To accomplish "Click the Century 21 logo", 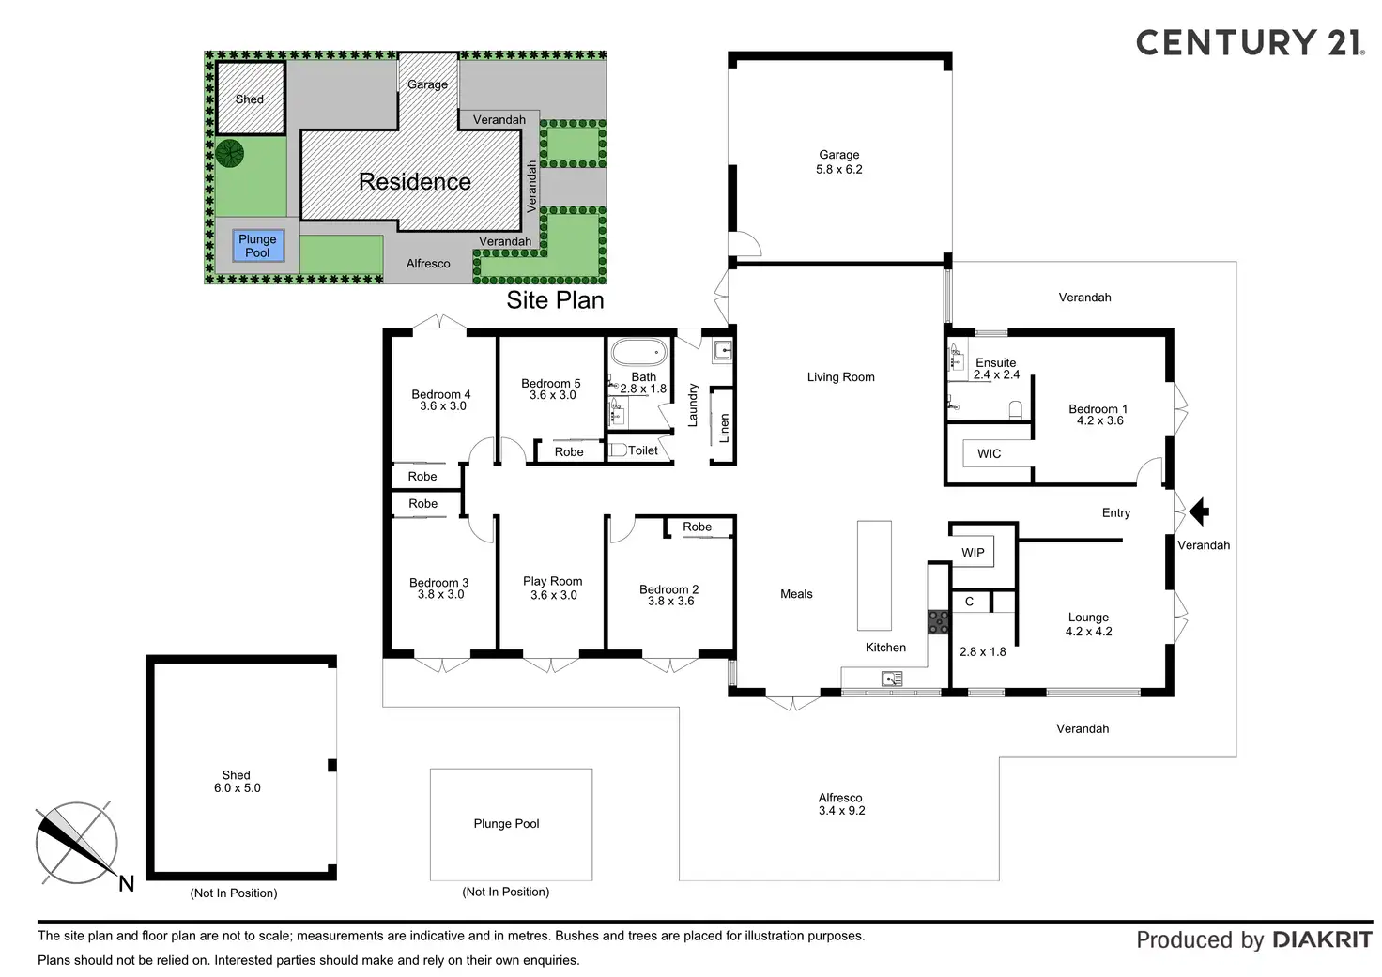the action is [1249, 42].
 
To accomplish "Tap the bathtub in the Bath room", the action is [638, 354].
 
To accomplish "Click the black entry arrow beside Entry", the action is [1199, 511].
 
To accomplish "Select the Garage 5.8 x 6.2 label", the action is [839, 162].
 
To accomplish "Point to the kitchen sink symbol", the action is [892, 679].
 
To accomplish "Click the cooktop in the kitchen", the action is [938, 621].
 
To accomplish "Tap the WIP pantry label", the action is [973, 552].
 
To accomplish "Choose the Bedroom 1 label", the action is [1098, 415].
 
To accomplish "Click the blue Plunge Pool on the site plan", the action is [257, 246].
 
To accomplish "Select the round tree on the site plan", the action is [230, 153].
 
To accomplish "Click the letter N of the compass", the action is [127, 883].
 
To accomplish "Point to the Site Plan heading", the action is [555, 300].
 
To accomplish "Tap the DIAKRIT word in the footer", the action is [1322, 939].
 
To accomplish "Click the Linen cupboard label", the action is [724, 428].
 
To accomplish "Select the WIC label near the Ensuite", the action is [989, 453].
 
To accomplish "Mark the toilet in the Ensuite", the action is [1015, 409].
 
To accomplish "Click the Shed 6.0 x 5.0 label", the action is [237, 782].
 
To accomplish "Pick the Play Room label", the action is [553, 588].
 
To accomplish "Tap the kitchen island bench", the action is [874, 575].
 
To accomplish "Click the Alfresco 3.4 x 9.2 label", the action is [840, 804].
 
